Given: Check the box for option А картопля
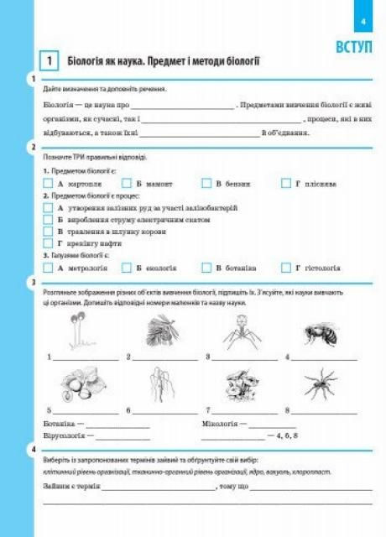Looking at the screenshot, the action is (x=48, y=183).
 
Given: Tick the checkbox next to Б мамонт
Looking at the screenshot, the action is (x=128, y=183).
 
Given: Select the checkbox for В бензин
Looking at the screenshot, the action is (x=206, y=183).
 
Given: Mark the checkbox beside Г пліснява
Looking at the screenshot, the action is (x=286, y=183).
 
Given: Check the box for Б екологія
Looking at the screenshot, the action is (x=128, y=268).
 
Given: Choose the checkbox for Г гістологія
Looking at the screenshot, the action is (x=286, y=268).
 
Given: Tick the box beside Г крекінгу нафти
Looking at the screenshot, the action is (x=48, y=242).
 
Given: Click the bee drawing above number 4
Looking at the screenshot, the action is (x=321, y=334).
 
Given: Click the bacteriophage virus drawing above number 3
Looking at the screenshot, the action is (x=238, y=331).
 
